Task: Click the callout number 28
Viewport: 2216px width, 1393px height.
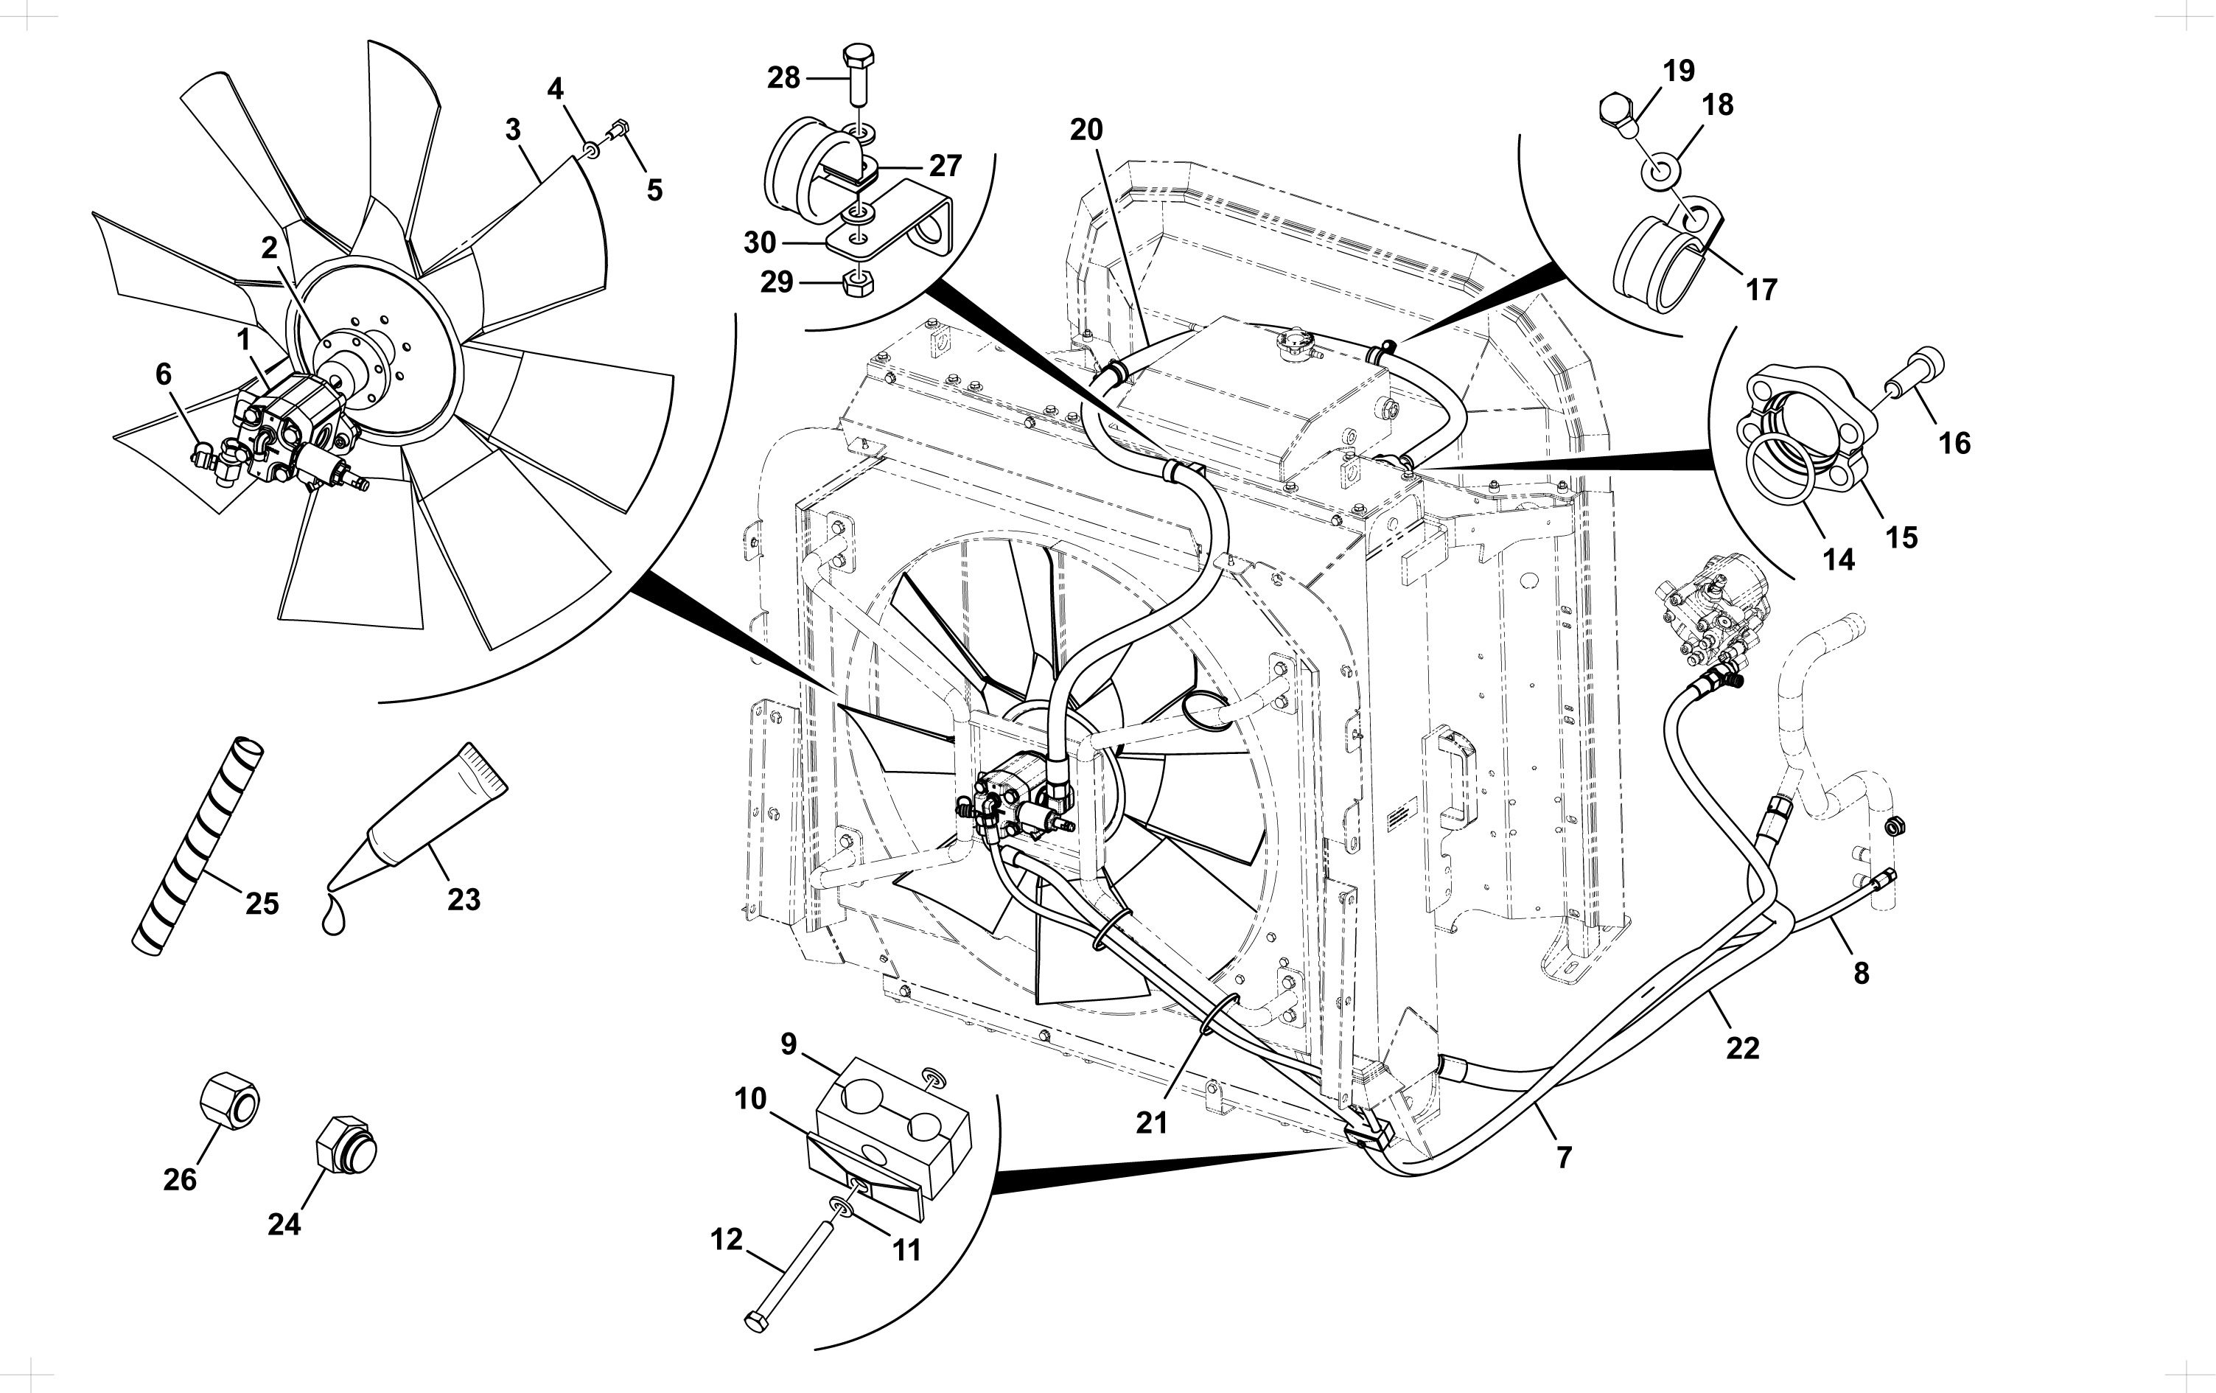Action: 783,78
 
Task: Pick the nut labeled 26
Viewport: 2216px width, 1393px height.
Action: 229,1100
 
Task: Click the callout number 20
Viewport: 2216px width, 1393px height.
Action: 1086,130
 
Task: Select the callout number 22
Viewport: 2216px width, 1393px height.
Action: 1743,1048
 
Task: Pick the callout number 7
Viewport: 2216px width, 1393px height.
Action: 1565,1156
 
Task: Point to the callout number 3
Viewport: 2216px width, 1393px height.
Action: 513,130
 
